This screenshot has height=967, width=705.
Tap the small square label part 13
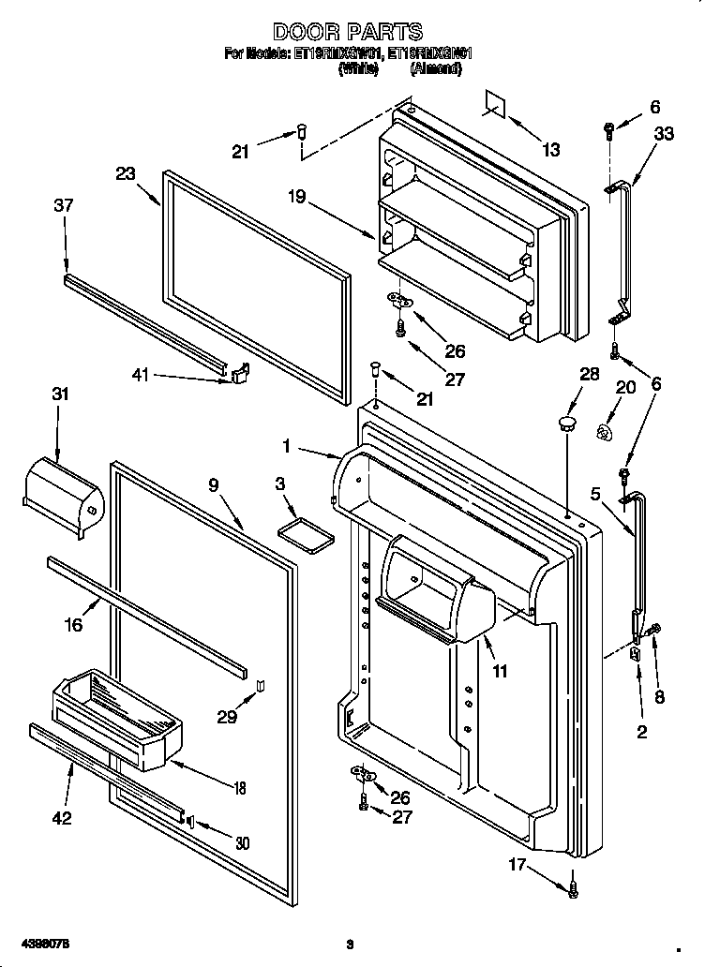(496, 105)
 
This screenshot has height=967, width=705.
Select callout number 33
(663, 134)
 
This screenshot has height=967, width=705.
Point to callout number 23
(126, 173)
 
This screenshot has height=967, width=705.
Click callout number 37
(64, 205)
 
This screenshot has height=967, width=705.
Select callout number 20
(624, 386)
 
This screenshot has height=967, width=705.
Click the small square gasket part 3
(307, 533)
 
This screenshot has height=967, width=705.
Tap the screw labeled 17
(572, 886)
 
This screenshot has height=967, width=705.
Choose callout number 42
(61, 817)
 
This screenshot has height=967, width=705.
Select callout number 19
(297, 198)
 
